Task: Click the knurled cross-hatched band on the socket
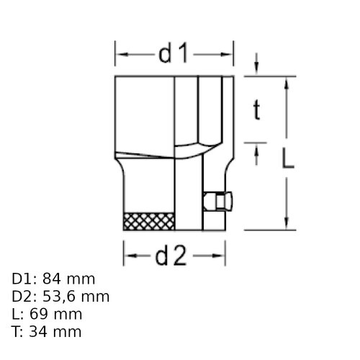pyautogui.click(x=150, y=222)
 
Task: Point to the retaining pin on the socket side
pyautogui.click(x=217, y=202)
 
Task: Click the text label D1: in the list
pyautogui.click(x=25, y=279)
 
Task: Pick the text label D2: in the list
pyautogui.click(x=25, y=296)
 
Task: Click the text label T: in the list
pyautogui.click(x=19, y=331)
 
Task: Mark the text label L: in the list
pyautogui.click(x=19, y=314)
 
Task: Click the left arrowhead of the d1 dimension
pyautogui.click(x=120, y=53)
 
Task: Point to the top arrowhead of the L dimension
pyautogui.click(x=287, y=81)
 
